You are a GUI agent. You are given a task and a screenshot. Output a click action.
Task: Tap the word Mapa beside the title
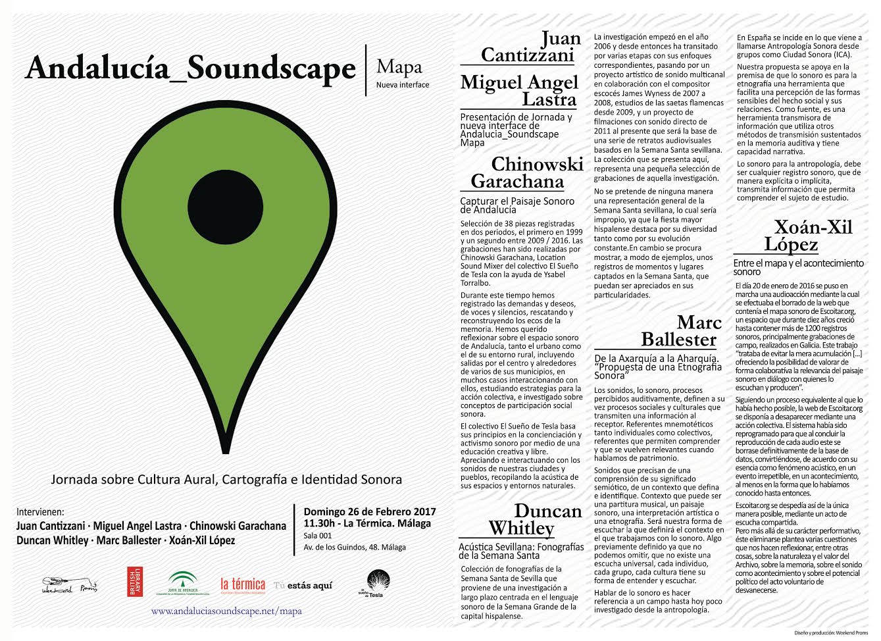coord(399,67)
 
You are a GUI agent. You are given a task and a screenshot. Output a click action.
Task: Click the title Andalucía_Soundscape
coord(190,69)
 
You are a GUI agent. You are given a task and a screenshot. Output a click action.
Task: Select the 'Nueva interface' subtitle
coord(402,85)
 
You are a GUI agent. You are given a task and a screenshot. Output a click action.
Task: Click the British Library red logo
coord(134,582)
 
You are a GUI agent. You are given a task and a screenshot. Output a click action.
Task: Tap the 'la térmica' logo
coord(243,584)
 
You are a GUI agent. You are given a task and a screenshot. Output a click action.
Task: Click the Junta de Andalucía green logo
coord(182,583)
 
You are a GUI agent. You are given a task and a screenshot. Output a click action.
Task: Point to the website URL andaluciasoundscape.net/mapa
coord(226,611)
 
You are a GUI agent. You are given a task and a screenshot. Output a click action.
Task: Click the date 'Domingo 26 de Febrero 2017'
coord(369,512)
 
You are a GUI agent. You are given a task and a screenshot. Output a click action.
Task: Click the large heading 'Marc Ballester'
coord(680,331)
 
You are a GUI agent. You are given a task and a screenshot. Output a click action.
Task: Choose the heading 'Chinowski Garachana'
coord(526,172)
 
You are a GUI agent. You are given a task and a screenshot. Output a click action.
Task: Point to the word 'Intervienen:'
coord(41,511)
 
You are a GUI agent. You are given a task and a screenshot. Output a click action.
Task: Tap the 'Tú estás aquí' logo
coord(303,585)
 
